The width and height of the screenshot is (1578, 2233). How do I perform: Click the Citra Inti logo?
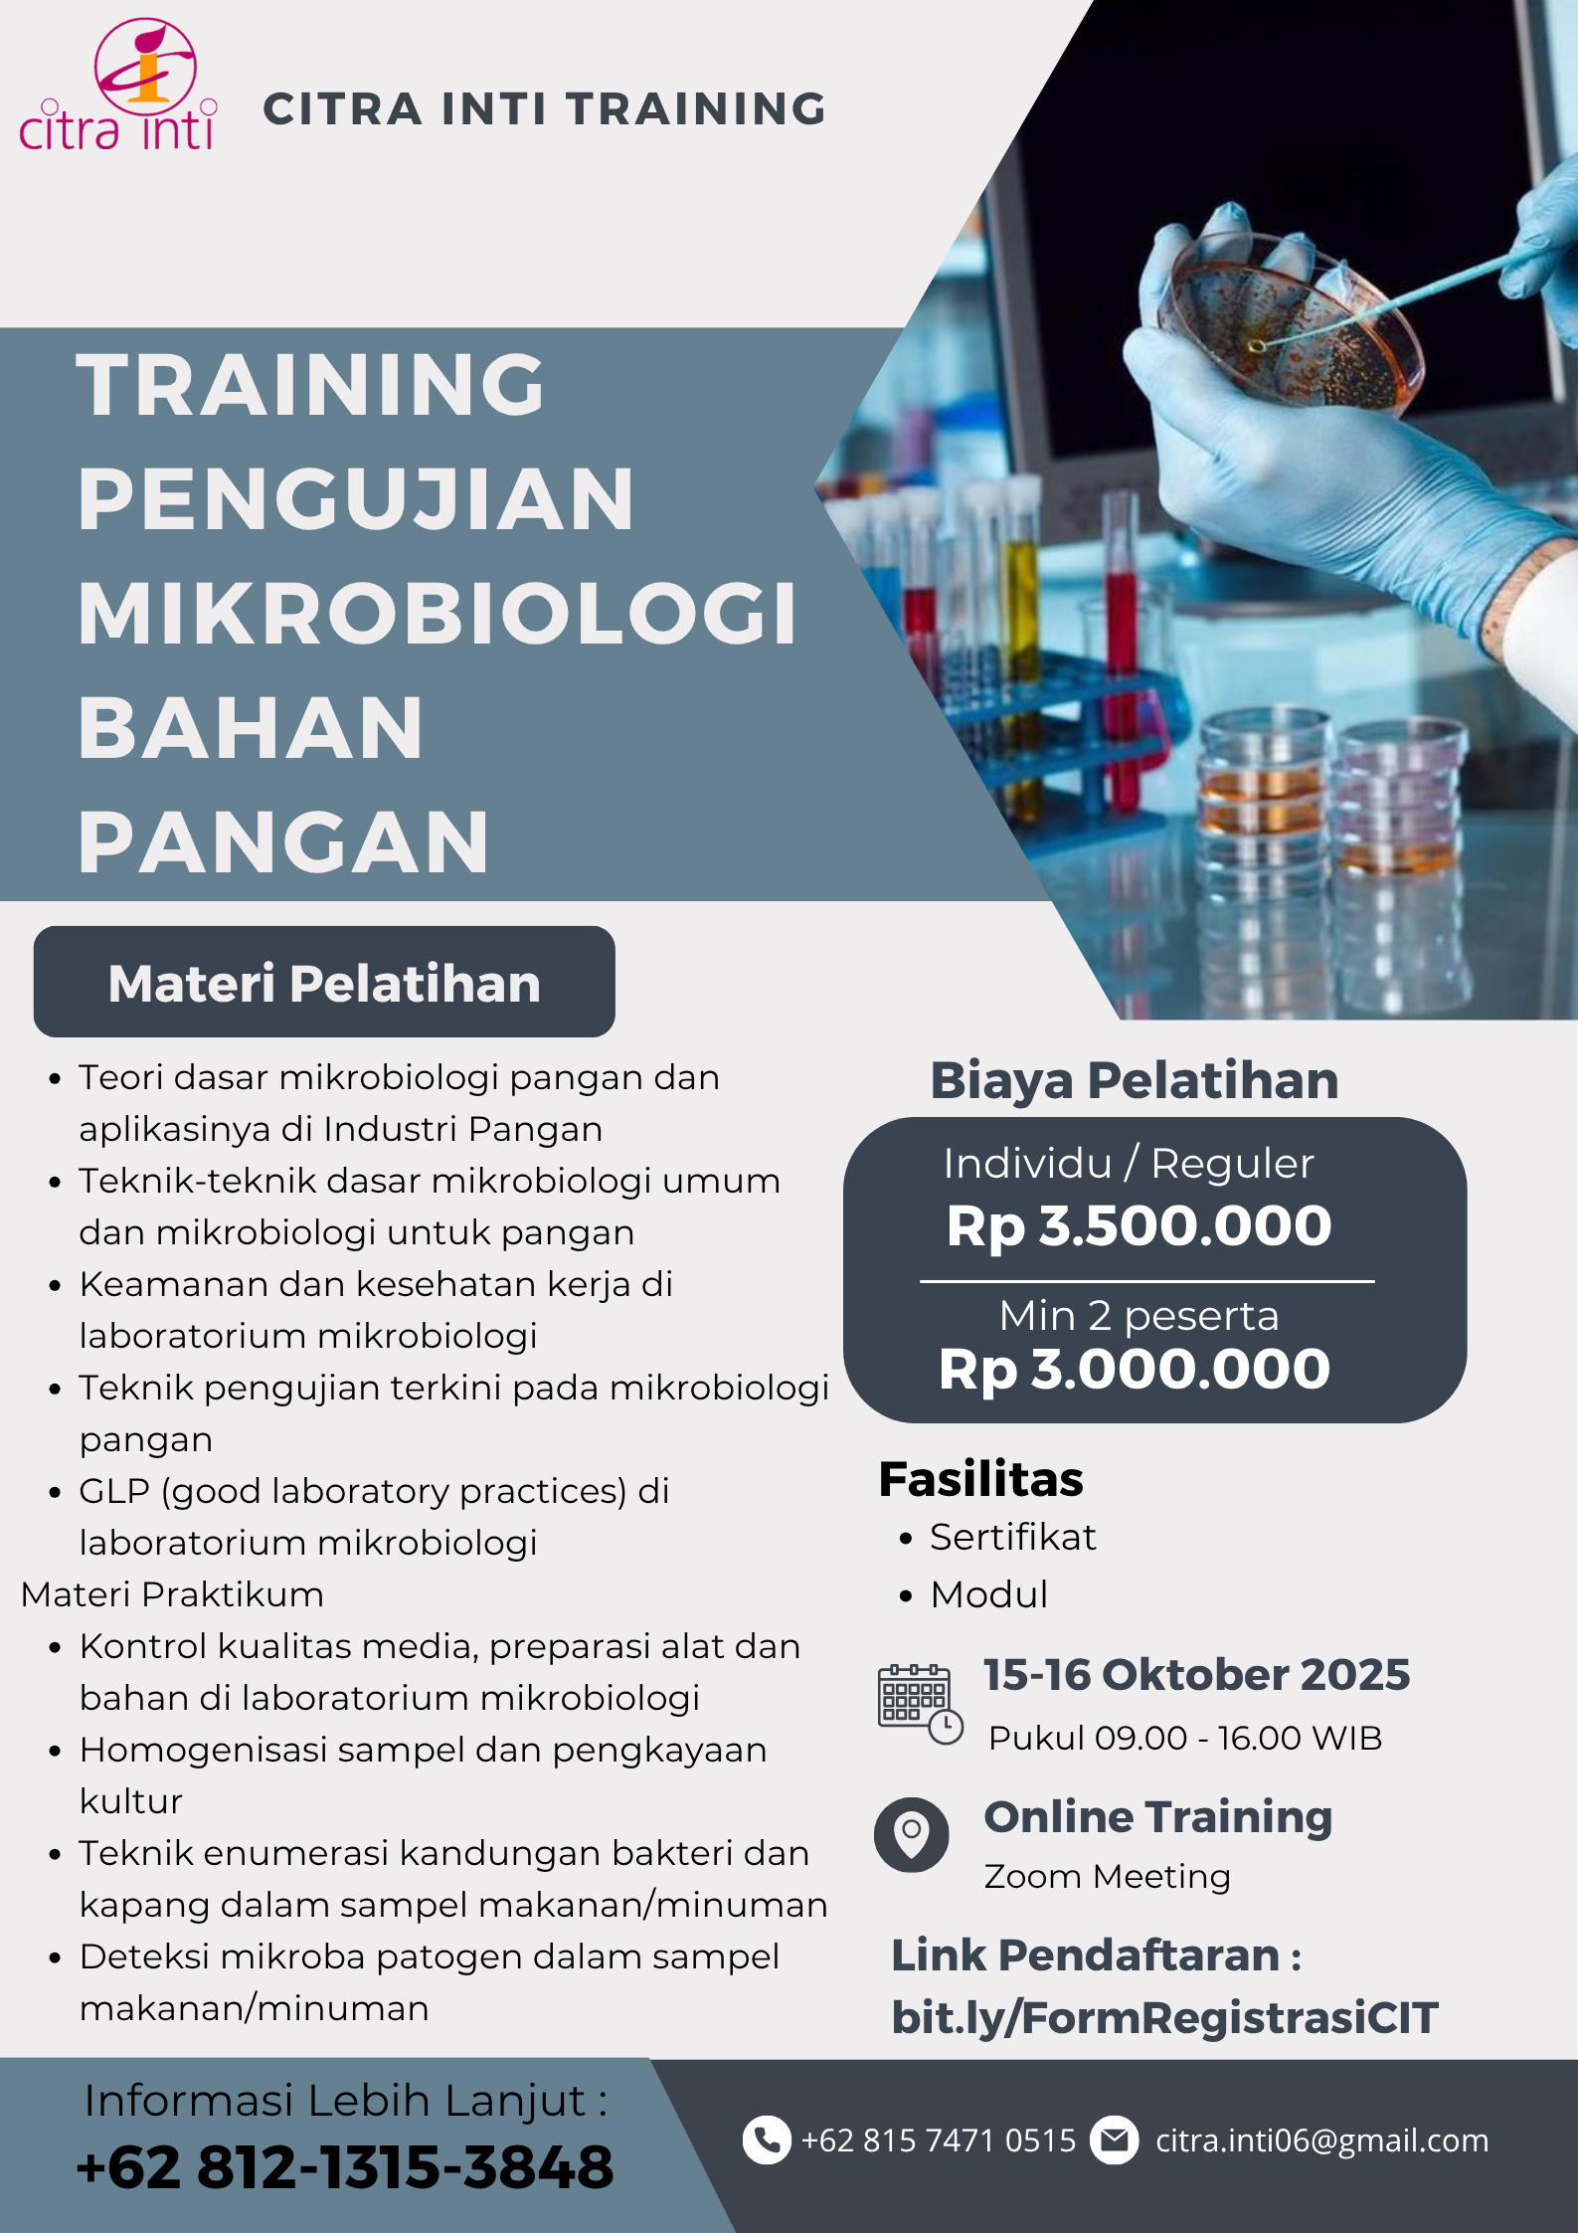[117, 86]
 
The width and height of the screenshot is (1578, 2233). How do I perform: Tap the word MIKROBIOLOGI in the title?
[438, 613]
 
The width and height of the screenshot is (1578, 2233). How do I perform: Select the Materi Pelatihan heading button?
[324, 982]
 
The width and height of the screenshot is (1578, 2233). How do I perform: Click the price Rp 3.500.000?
[1139, 1225]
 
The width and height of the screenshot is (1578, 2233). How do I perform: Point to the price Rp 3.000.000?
[1135, 1370]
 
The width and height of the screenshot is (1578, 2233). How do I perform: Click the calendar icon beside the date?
[920, 1704]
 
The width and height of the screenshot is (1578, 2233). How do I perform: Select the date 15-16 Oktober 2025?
[1196, 1675]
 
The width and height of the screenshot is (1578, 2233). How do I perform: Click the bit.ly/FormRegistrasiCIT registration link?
[1164, 2018]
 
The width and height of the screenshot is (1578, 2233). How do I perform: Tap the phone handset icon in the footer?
[767, 2139]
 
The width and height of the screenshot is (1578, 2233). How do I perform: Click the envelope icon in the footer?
[1115, 2139]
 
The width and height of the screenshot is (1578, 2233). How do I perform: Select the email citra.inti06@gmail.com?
[1321, 2140]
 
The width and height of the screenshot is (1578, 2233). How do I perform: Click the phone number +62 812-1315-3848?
[345, 2167]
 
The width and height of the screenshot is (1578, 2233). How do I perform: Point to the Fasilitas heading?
[980, 1479]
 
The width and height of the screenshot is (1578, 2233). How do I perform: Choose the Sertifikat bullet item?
[1012, 1538]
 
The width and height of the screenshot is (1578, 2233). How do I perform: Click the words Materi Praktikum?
[172, 1594]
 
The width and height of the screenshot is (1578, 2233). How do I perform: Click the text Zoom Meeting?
[1107, 1877]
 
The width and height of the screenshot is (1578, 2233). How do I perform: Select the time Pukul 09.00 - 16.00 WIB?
[1185, 1738]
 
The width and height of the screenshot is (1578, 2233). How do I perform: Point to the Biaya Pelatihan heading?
[1135, 1081]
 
